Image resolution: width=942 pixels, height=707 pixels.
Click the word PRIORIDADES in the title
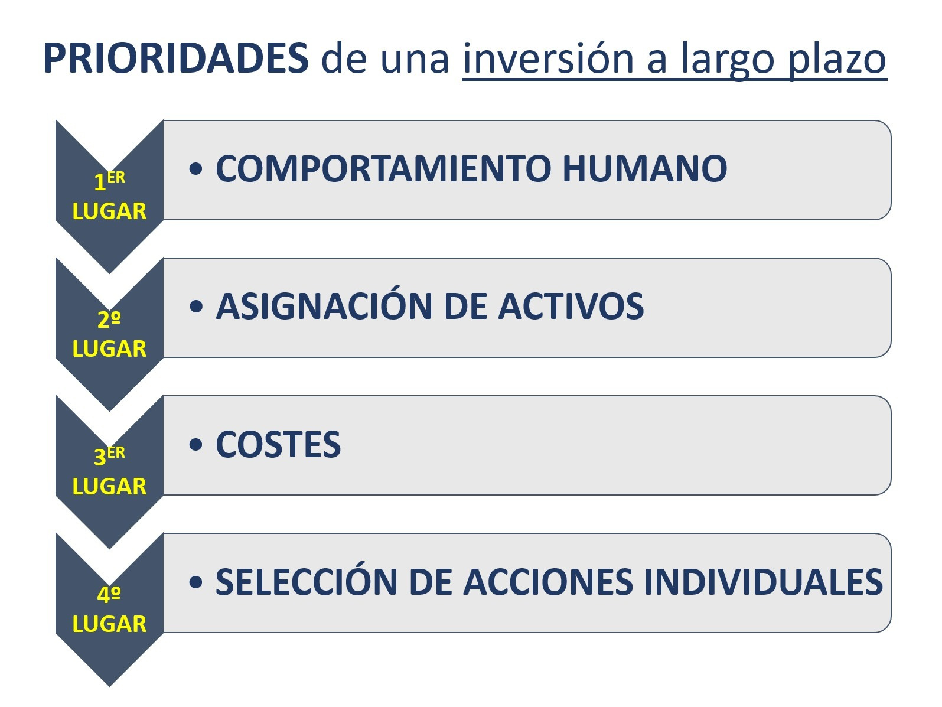(175, 58)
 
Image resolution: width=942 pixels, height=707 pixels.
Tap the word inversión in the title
(548, 58)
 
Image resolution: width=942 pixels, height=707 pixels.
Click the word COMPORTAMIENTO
(383, 168)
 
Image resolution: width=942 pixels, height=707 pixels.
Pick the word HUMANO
(645, 168)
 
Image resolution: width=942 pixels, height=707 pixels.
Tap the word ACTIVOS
(571, 307)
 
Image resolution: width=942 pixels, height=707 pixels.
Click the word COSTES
(278, 444)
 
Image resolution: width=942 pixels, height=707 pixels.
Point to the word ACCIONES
(548, 582)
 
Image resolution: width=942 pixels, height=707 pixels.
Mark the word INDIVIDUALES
(764, 582)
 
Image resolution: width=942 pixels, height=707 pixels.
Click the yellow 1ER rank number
(109, 181)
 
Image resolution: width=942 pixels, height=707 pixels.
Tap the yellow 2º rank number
(109, 320)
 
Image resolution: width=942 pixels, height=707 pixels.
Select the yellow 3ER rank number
(109, 456)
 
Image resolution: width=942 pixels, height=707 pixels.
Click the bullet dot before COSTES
(195, 445)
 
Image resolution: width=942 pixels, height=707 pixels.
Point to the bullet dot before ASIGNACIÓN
(195, 307)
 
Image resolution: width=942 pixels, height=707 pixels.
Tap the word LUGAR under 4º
(109, 624)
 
